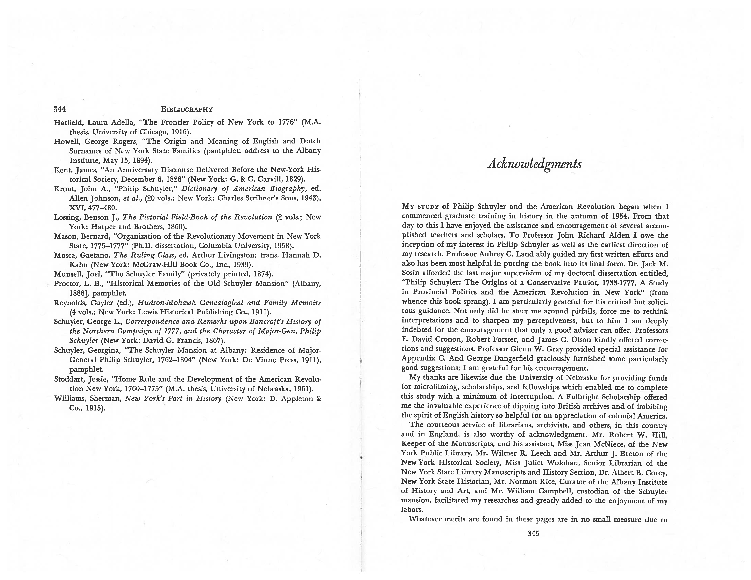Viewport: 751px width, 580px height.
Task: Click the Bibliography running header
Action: (187, 110)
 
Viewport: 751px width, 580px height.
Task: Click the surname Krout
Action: (65, 189)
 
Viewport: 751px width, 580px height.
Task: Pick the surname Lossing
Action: (67, 217)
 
